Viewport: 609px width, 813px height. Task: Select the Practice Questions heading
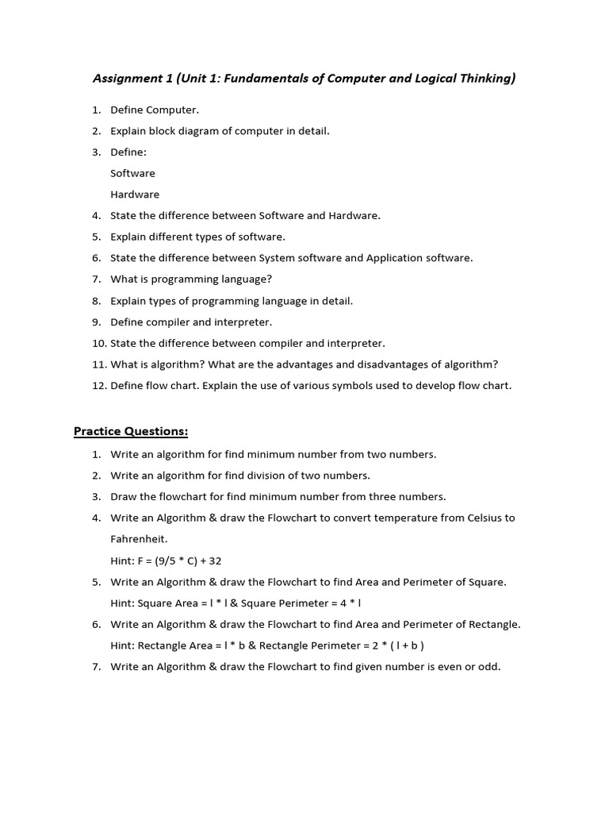coord(131,431)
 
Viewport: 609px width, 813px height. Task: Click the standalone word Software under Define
coord(132,173)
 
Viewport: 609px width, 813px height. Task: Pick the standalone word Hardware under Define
coord(135,195)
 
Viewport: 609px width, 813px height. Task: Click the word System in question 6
coord(278,258)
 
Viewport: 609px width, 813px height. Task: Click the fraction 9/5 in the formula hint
coord(168,561)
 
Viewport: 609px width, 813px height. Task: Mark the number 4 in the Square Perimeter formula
coord(338,603)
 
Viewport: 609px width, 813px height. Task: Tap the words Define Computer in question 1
coord(155,110)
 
